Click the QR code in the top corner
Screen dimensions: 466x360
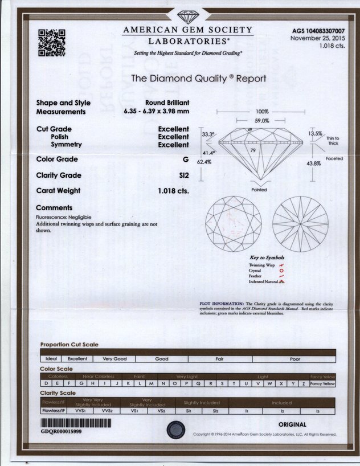(51, 42)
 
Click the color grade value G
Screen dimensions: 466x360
(186, 160)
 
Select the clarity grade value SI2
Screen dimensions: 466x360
(183, 175)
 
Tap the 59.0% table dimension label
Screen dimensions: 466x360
(262, 121)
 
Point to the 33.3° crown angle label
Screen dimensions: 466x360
(208, 135)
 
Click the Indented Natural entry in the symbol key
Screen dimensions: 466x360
(262, 282)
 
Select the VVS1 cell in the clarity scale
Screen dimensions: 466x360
(80, 410)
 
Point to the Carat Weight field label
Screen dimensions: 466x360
(58, 191)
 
